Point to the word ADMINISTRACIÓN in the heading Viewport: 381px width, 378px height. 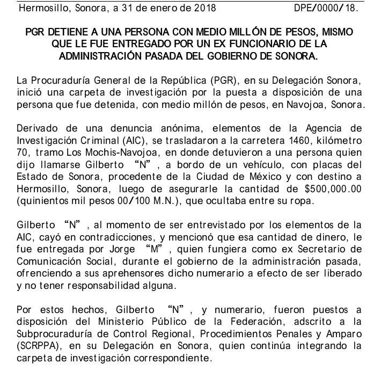tap(108, 55)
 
